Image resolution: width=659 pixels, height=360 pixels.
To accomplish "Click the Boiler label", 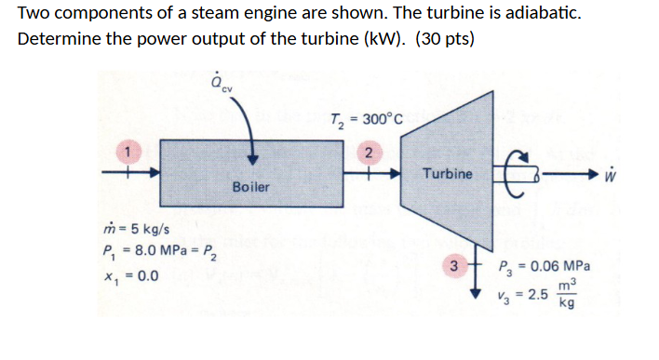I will (x=250, y=187).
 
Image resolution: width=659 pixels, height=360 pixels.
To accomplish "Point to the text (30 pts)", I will (x=444, y=42).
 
